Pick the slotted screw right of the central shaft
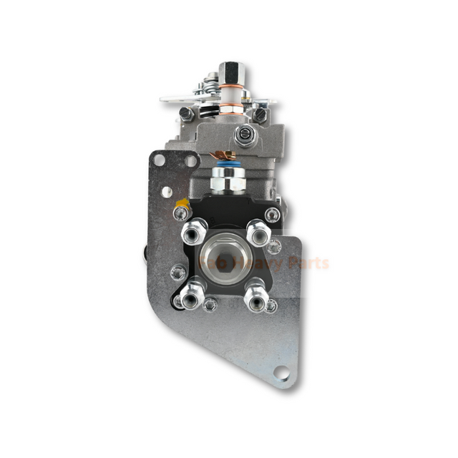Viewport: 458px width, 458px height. [x=260, y=113]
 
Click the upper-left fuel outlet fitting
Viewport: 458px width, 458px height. [x=192, y=232]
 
